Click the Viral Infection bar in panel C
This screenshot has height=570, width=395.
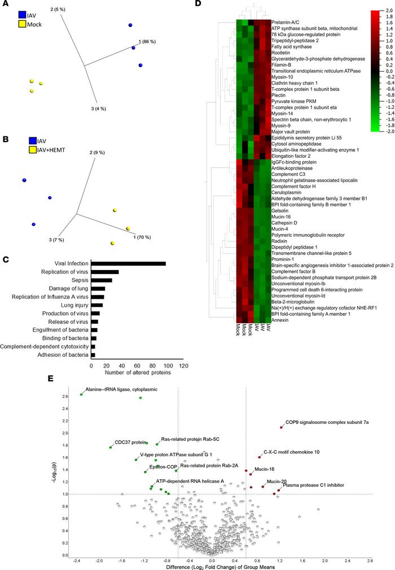click(129, 263)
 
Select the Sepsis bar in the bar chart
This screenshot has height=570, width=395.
click(102, 280)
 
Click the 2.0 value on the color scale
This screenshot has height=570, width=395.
click(381, 10)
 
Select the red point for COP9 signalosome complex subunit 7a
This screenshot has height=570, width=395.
click(281, 427)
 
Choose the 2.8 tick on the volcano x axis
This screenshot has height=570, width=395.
click(370, 561)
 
